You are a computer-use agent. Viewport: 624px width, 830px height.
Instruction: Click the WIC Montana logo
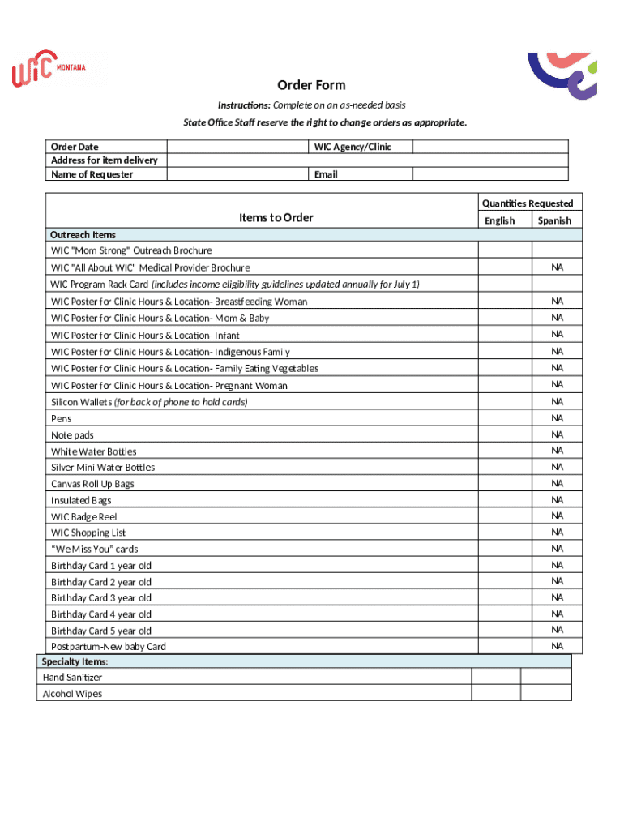click(x=48, y=69)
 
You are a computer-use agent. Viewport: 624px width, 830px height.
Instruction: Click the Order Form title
click(x=311, y=85)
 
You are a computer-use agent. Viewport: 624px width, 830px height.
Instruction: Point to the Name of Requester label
click(x=92, y=174)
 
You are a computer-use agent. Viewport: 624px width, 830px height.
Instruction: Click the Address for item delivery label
click(x=104, y=160)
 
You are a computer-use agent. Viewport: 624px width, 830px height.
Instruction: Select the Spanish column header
click(x=553, y=220)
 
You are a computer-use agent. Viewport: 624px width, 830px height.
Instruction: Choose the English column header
click(x=499, y=220)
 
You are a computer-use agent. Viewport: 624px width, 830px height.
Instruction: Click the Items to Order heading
click(x=276, y=217)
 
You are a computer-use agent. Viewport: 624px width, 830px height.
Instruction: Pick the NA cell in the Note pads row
click(x=557, y=434)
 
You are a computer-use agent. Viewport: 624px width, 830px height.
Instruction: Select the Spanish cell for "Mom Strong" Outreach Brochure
click(x=557, y=250)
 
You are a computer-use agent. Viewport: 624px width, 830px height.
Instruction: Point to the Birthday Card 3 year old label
click(x=100, y=598)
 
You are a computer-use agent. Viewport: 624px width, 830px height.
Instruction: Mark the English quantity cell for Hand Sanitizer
click(x=496, y=677)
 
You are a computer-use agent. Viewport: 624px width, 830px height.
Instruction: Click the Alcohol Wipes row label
click(x=72, y=694)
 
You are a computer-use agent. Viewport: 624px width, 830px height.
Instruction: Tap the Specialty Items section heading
click(x=75, y=662)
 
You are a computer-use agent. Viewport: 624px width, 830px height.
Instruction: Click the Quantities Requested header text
click(x=527, y=203)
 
